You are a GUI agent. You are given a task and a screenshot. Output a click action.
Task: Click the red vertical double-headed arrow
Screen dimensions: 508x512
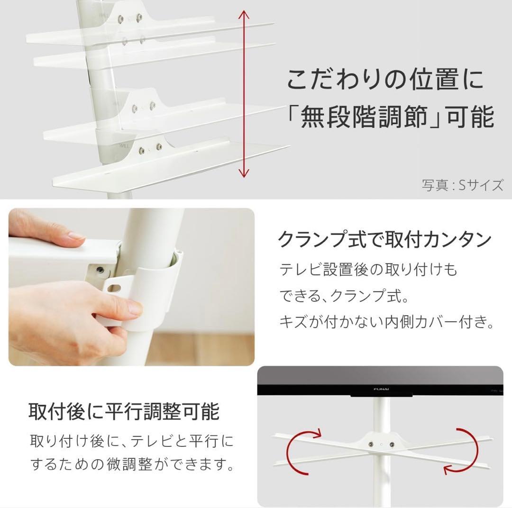click(244, 95)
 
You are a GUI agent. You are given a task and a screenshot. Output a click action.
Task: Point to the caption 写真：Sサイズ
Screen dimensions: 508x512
click(462, 184)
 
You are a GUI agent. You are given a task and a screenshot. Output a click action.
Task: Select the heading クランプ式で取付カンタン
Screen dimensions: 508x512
click(384, 240)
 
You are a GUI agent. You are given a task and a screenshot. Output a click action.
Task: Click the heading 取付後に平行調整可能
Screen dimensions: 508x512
click(124, 411)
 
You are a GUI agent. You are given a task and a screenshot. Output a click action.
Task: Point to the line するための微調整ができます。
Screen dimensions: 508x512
click(132, 464)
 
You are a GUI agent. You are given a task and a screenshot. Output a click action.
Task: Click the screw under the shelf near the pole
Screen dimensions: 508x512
click(100, 270)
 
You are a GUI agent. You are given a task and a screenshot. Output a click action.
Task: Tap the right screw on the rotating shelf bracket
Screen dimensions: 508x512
click(392, 445)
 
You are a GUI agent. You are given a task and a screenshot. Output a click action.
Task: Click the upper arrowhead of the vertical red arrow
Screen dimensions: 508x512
click(244, 14)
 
